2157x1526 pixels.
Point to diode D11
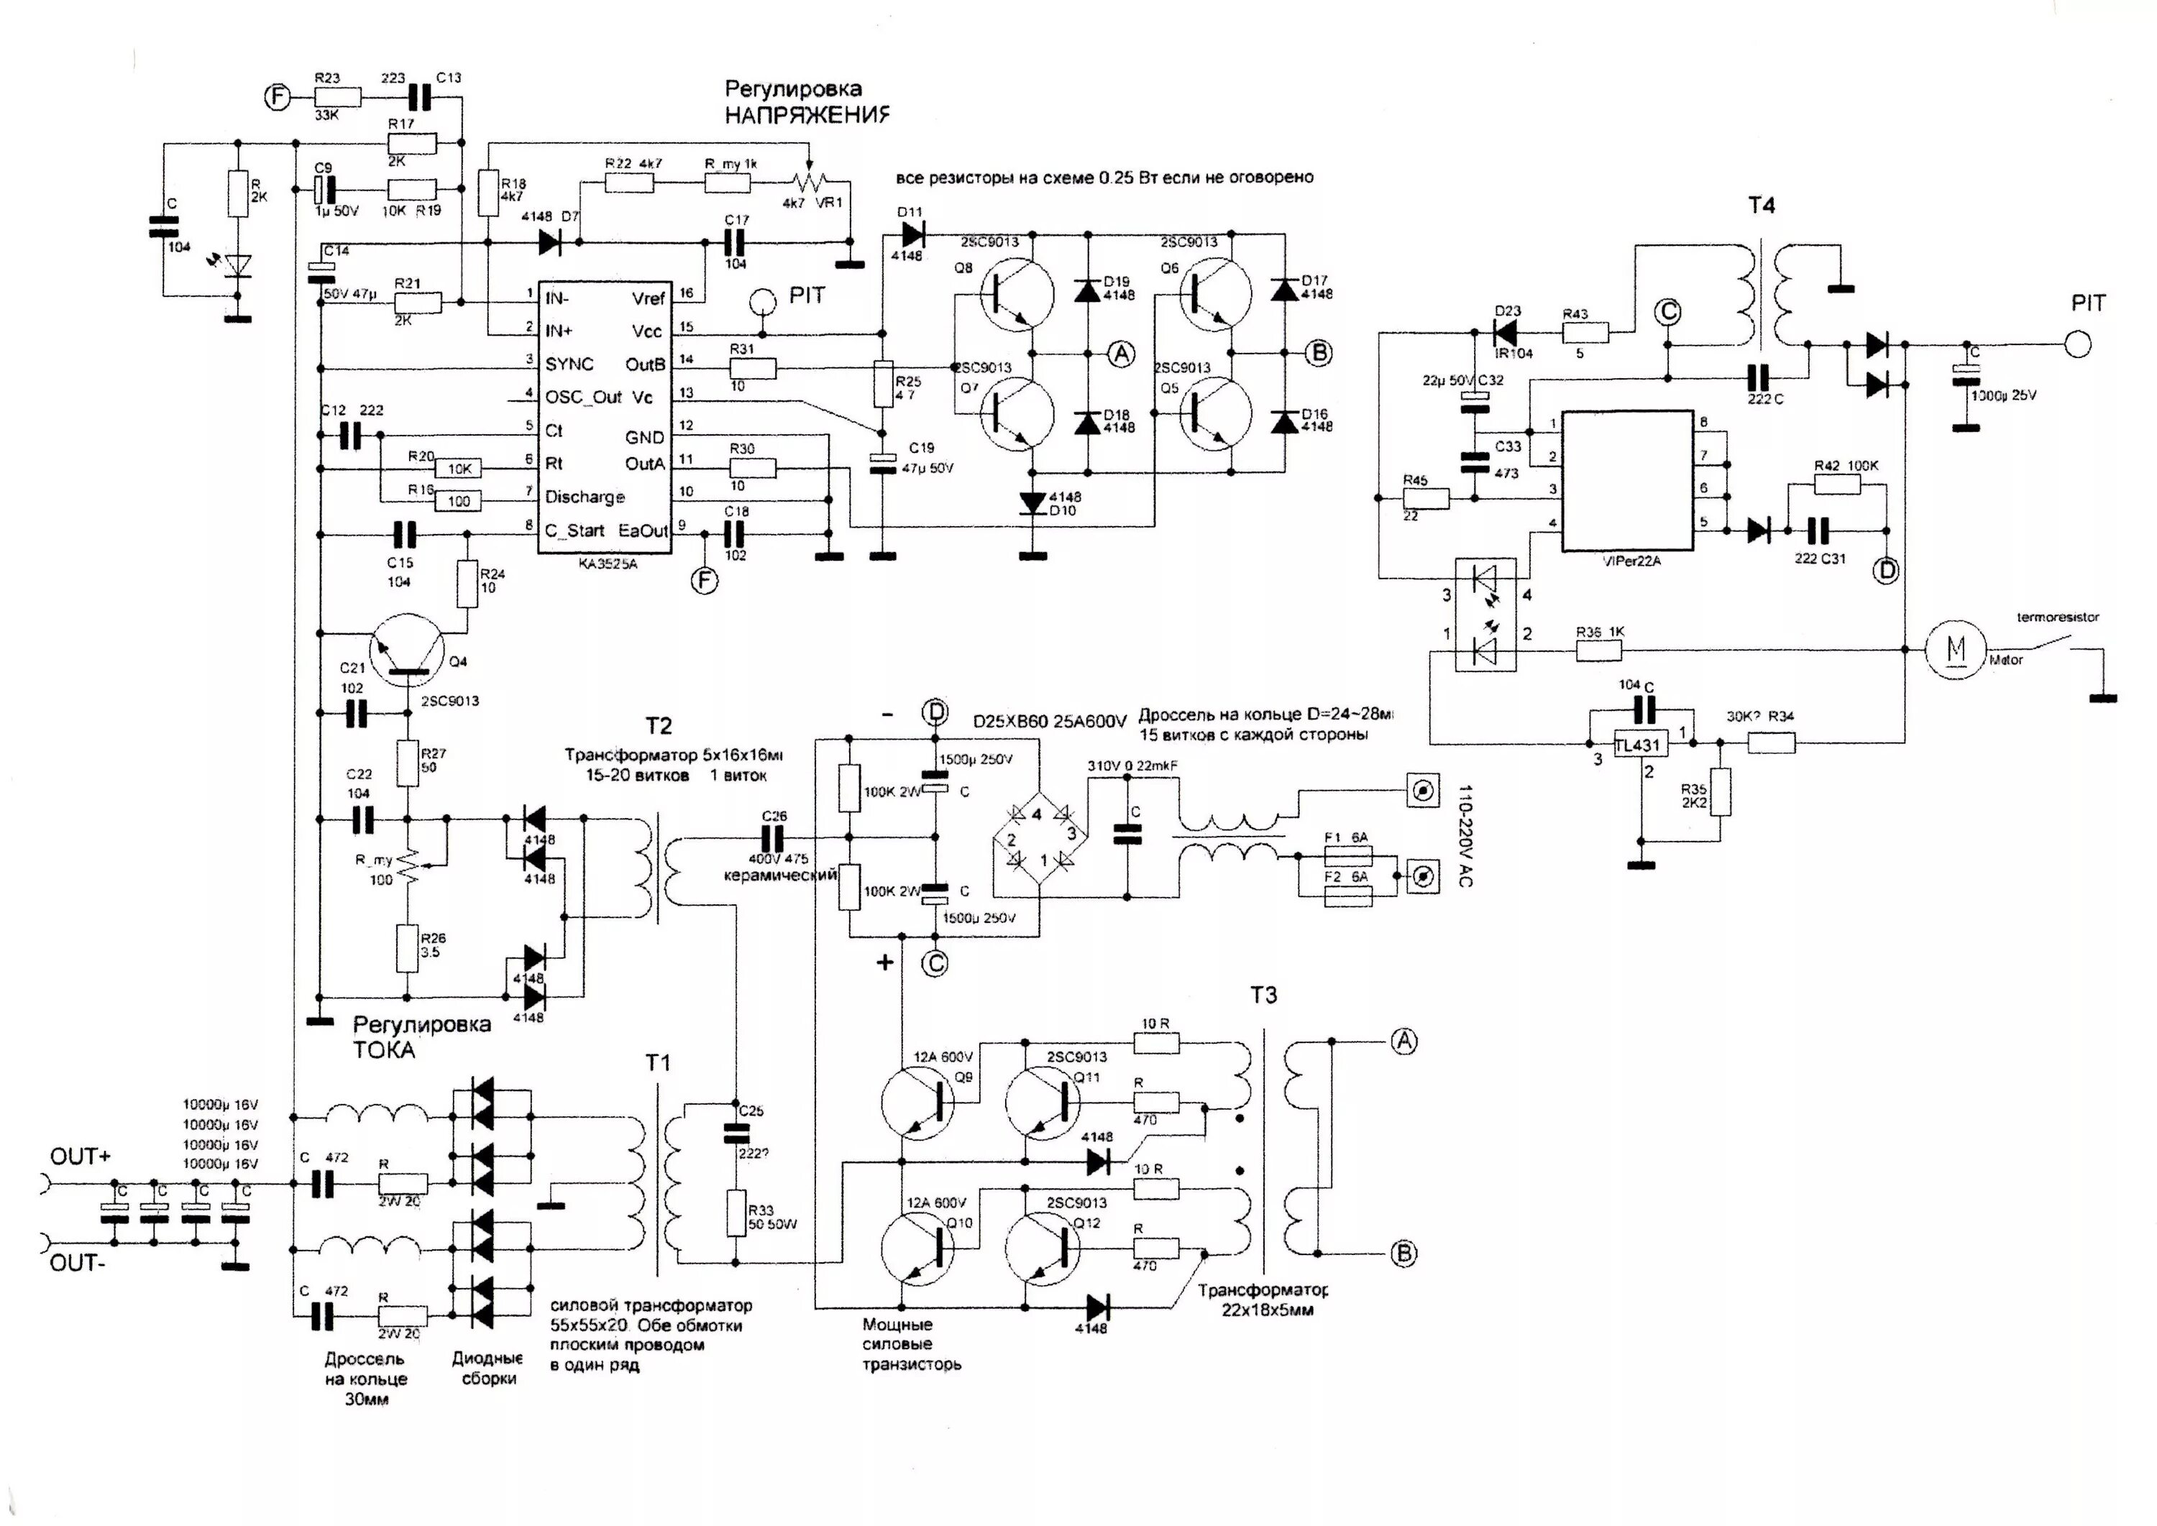tap(912, 232)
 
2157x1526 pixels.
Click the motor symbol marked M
tap(1955, 649)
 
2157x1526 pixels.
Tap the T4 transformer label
tap(1760, 205)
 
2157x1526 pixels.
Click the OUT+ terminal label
tap(80, 1157)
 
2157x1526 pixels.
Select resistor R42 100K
tap(1836, 484)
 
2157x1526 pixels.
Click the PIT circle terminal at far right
tap(2078, 345)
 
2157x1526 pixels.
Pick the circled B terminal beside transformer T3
tap(1403, 1253)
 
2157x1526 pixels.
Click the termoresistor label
tap(2057, 617)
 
